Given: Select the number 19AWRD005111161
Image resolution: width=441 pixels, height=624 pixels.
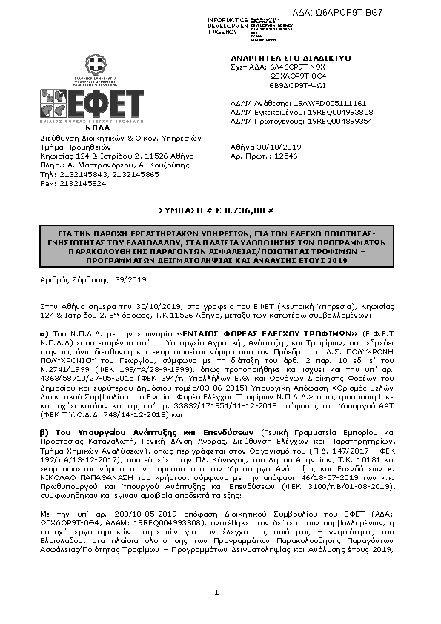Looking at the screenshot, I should coord(331,103).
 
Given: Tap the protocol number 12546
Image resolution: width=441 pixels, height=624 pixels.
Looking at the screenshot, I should coord(285,156).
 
